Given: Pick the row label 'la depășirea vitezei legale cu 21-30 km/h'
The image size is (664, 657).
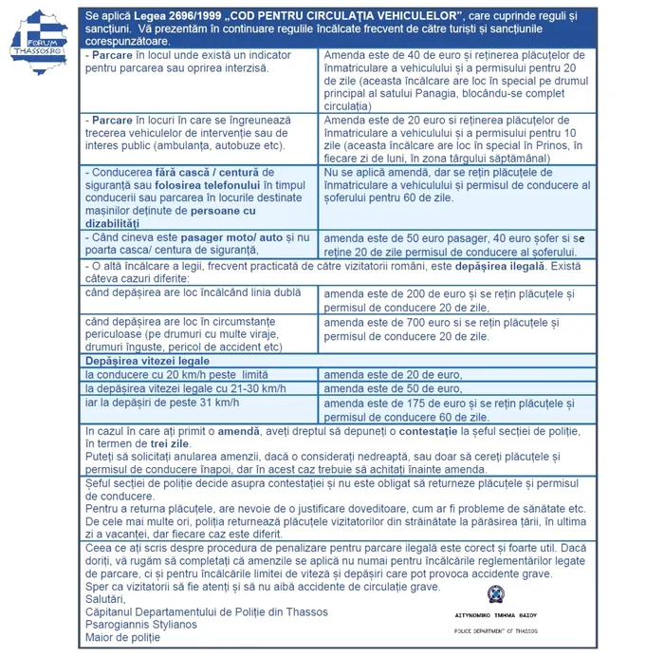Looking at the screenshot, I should coord(185,388).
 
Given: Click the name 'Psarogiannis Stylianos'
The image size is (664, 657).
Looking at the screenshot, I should coord(141,624).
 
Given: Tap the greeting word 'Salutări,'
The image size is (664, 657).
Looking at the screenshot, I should coord(104,598).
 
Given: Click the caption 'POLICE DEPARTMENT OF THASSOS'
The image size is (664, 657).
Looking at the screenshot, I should coord(495,630).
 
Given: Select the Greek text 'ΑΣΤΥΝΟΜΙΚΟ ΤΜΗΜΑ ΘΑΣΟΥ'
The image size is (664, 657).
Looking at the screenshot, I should coord(496,614).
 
